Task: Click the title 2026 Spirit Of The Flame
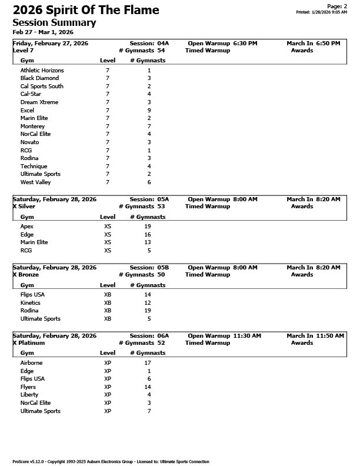point(86,10)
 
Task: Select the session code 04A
point(162,44)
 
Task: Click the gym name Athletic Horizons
point(42,70)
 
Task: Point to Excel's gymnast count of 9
point(149,110)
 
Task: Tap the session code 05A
point(162,199)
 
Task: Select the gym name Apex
point(27,226)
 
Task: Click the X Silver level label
point(24,207)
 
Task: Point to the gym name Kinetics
point(31,302)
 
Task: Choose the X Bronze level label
point(25,275)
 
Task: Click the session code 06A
point(162,336)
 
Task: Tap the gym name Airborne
point(32,363)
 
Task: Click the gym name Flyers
point(28,387)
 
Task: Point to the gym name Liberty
point(29,395)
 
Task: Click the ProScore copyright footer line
point(111,462)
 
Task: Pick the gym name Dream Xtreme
point(39,102)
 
